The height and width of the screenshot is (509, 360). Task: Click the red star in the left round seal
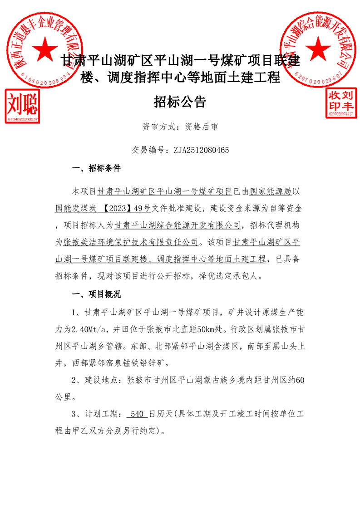pyautogui.click(x=45, y=49)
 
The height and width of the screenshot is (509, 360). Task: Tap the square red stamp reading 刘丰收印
pyautogui.click(x=341, y=102)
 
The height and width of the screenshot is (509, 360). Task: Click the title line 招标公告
pyautogui.click(x=180, y=102)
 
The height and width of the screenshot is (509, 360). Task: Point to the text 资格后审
pyautogui.click(x=202, y=127)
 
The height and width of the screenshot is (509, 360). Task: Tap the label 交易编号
pyautogui.click(x=148, y=149)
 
